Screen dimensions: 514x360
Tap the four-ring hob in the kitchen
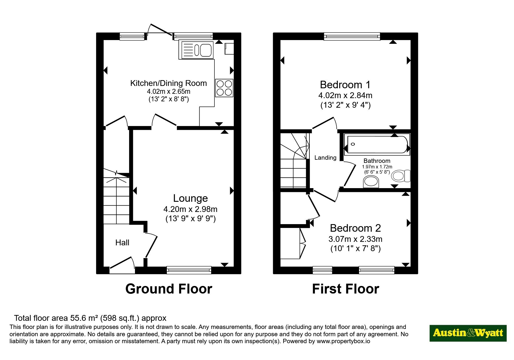pyautogui.click(x=224, y=88)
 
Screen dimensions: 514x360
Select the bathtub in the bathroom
pyautogui.click(x=377, y=143)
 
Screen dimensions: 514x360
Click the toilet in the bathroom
pyautogui.click(x=401, y=176)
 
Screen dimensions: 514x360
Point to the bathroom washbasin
pyautogui.click(x=371, y=182)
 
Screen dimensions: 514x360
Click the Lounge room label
pyautogui.click(x=190, y=198)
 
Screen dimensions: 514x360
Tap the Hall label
pyautogui.click(x=122, y=243)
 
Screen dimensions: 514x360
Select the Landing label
pyautogui.click(x=325, y=158)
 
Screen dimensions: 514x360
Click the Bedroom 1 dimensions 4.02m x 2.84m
pyautogui.click(x=345, y=95)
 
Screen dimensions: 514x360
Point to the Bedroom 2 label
pyautogui.click(x=355, y=228)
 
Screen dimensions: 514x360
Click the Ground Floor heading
pyautogui.click(x=169, y=289)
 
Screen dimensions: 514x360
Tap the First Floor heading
pyautogui.click(x=345, y=289)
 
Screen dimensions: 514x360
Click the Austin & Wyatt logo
pyautogui.click(x=468, y=333)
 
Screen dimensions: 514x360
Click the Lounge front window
pyautogui.click(x=189, y=270)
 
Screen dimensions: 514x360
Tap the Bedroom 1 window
pyautogui.click(x=352, y=36)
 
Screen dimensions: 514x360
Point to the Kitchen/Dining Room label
pyautogui.click(x=169, y=83)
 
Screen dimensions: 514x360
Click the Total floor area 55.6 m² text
pyautogui.click(x=90, y=318)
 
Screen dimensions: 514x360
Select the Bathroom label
pyautogui.click(x=377, y=161)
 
